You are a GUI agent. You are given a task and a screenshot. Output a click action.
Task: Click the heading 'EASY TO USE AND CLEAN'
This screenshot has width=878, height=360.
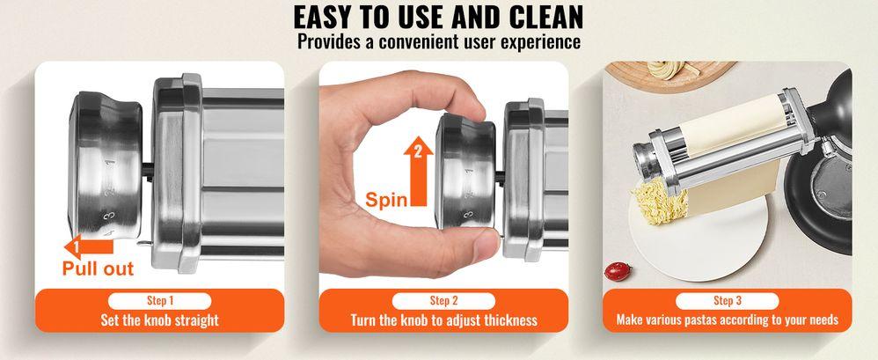(x=438, y=18)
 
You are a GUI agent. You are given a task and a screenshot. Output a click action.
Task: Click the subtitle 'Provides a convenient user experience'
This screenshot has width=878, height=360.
(x=438, y=41)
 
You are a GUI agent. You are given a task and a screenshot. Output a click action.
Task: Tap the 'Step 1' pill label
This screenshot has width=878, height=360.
(x=159, y=300)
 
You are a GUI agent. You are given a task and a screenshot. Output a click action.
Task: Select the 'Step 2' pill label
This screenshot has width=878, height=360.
(x=443, y=300)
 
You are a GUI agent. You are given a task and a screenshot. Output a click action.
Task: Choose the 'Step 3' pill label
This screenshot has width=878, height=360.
(x=727, y=300)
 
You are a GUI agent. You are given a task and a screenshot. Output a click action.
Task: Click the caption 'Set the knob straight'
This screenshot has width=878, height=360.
(x=159, y=320)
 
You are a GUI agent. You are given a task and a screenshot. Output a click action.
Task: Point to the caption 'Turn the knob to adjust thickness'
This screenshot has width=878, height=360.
(x=443, y=320)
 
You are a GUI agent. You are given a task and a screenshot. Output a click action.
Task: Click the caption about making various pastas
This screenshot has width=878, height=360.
(x=727, y=320)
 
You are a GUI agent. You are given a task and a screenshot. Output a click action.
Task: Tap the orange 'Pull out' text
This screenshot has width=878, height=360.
(x=98, y=268)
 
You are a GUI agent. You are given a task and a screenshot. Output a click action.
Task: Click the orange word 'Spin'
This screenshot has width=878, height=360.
(x=386, y=199)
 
